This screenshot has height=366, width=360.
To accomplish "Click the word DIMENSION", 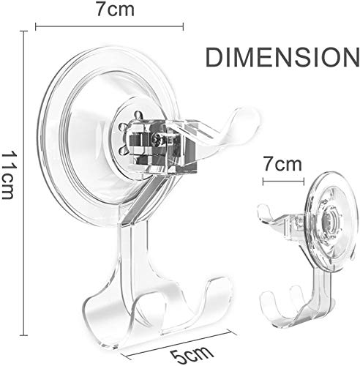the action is pyautogui.click(x=283, y=57).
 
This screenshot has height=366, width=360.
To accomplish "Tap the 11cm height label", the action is pyautogui.click(x=8, y=176).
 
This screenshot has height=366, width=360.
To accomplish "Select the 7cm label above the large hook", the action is pyautogui.click(x=115, y=10).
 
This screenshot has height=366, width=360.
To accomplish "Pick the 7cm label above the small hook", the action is pyautogui.click(x=282, y=164).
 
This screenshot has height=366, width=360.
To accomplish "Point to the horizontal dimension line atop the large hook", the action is pyautogui.click(x=109, y=26).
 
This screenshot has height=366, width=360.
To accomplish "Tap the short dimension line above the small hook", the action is pyautogui.click(x=283, y=182).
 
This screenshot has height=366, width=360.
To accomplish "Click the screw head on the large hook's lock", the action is pyautogui.click(x=155, y=139).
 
